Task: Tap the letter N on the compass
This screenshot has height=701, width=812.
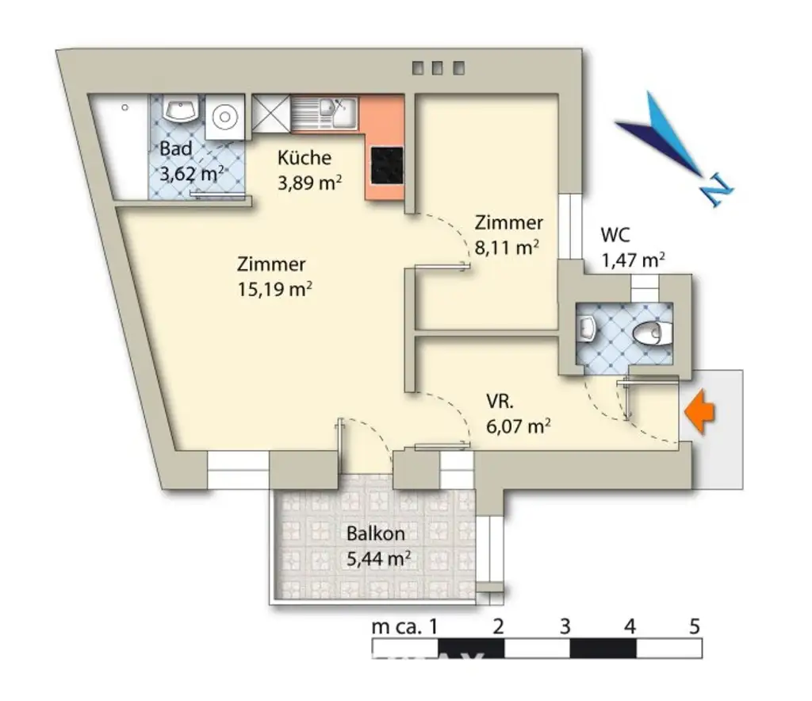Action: coord(715,191)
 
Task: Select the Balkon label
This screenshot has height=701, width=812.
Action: coord(375,533)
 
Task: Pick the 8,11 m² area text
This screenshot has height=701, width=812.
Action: coord(507,247)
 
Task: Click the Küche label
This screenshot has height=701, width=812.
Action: coord(304,158)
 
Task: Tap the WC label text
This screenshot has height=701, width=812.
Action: coord(616,235)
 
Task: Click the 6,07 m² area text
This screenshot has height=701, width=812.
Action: coord(518,426)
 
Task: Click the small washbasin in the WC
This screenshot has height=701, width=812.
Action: coord(586,328)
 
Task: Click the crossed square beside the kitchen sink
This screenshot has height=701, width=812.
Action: coord(270,114)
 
